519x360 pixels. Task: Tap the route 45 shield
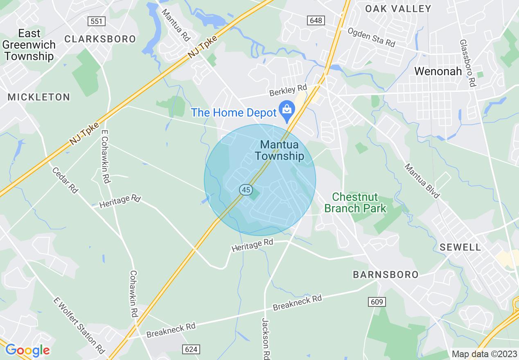[x=246, y=190]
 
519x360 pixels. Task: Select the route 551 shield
[x=97, y=21]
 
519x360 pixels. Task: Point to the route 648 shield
[x=316, y=20]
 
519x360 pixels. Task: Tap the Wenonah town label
[x=438, y=71]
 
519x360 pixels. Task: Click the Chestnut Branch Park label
[x=355, y=202]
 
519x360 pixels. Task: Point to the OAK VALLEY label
[x=398, y=9]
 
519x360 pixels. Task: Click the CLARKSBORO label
[x=100, y=39]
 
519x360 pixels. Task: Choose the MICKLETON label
[x=39, y=97]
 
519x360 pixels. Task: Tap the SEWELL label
[x=460, y=247]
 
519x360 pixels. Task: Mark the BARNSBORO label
[x=386, y=274]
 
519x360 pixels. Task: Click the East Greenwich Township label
[x=29, y=45]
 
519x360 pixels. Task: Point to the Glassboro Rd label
[x=467, y=63]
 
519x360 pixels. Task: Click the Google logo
[x=27, y=350]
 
